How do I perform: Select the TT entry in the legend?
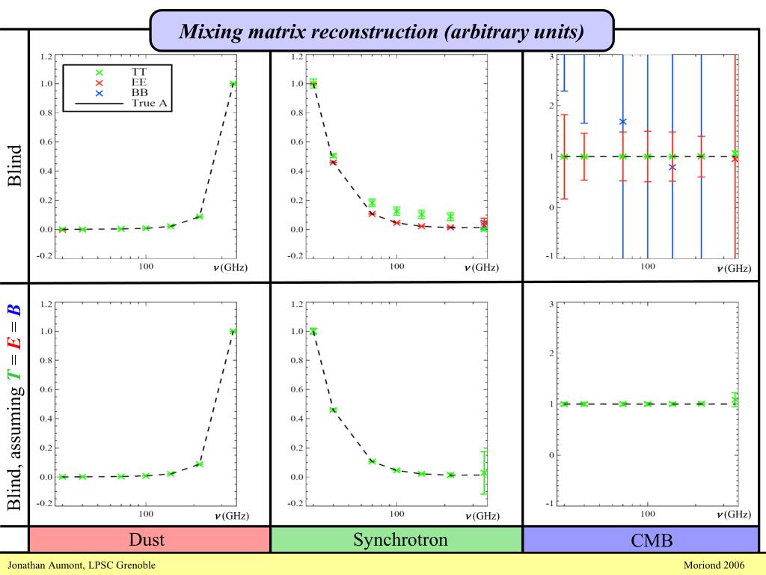pyautogui.click(x=138, y=71)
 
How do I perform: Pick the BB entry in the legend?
pyautogui.click(x=138, y=93)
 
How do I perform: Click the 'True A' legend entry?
pyautogui.click(x=149, y=103)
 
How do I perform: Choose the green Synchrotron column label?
pyautogui.click(x=396, y=540)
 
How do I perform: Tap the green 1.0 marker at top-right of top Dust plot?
pyautogui.click(x=233, y=84)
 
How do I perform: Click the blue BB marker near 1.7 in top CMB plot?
pyautogui.click(x=622, y=121)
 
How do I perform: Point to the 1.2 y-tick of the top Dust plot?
pyautogui.click(x=47, y=56)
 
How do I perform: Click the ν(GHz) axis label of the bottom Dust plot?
pyautogui.click(x=231, y=515)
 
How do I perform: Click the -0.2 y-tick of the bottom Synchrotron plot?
pyautogui.click(x=296, y=503)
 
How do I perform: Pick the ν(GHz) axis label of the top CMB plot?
pyautogui.click(x=734, y=268)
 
